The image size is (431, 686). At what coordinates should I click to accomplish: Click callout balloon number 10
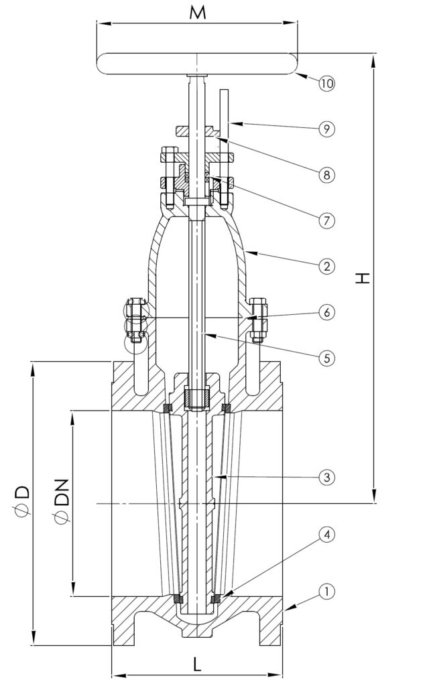click(x=326, y=84)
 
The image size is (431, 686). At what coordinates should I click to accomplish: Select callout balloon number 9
click(x=326, y=128)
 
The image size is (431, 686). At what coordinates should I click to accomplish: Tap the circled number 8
click(x=326, y=174)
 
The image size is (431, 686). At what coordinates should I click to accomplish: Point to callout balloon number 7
click(x=326, y=220)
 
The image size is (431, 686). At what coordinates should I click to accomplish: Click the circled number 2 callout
click(x=326, y=266)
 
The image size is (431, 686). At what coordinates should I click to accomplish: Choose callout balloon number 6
click(x=326, y=312)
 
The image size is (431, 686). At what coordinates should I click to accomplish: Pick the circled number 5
click(x=326, y=358)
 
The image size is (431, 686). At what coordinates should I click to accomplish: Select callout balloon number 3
click(x=326, y=478)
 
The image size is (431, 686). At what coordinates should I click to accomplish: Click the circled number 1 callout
click(x=326, y=592)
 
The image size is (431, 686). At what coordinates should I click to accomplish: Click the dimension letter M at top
click(x=196, y=12)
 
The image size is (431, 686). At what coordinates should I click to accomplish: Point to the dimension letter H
click(x=363, y=278)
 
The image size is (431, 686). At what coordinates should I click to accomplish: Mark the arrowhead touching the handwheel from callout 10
click(x=301, y=76)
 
